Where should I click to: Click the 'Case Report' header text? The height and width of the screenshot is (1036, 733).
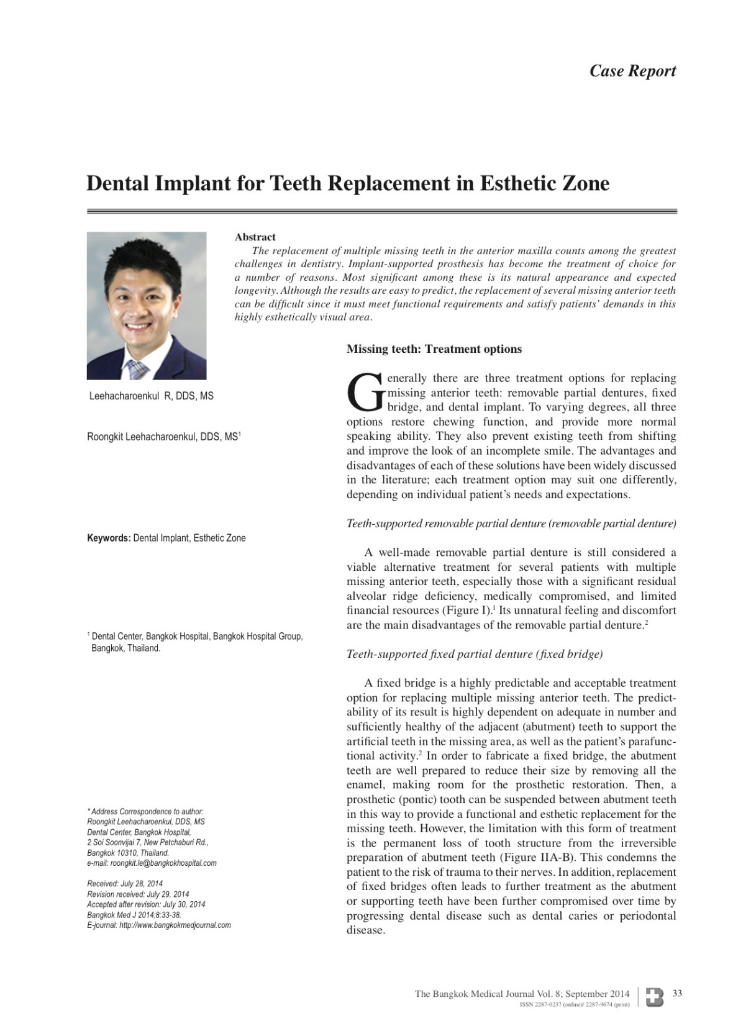click(x=632, y=71)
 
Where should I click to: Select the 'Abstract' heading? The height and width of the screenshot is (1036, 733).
click(x=255, y=237)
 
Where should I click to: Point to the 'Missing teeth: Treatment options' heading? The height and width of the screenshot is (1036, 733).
click(x=434, y=349)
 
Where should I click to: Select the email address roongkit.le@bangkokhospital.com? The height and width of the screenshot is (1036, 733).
click(x=163, y=863)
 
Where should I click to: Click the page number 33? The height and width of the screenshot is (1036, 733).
click(x=677, y=993)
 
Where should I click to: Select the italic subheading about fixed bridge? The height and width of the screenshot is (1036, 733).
click(x=475, y=654)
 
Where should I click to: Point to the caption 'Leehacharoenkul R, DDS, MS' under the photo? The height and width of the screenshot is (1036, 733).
click(x=152, y=396)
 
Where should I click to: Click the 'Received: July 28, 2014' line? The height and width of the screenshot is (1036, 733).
click(x=125, y=883)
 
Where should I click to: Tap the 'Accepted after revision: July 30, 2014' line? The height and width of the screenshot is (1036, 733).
click(x=146, y=904)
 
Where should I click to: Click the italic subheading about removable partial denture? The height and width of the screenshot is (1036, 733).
click(x=511, y=524)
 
